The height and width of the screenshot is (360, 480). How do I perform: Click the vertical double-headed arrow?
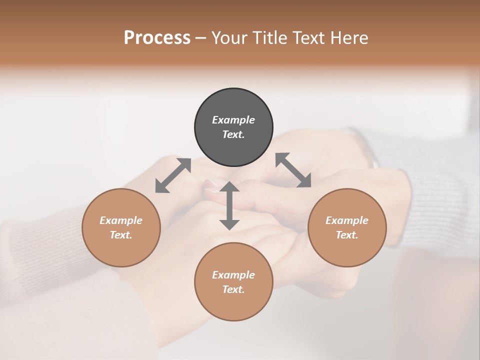[229, 205]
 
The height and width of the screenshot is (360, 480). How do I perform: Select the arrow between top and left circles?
[173, 175]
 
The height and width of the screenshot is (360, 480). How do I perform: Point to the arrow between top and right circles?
[293, 170]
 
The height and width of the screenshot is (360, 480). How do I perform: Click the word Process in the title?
[157, 37]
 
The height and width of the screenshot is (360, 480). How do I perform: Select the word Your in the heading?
[229, 37]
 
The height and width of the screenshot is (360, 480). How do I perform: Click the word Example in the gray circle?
[233, 120]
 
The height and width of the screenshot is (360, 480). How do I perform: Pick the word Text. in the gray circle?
[233, 134]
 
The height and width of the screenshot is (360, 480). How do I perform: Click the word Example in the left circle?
[121, 220]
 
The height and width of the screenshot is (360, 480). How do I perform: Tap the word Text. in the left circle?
[121, 235]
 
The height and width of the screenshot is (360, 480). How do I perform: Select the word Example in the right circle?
[347, 220]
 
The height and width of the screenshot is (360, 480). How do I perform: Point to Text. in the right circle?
[347, 235]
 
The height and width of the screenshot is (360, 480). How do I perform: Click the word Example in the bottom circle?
[233, 275]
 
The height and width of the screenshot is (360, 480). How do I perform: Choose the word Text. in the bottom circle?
[233, 289]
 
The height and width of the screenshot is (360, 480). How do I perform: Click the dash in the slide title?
[201, 38]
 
